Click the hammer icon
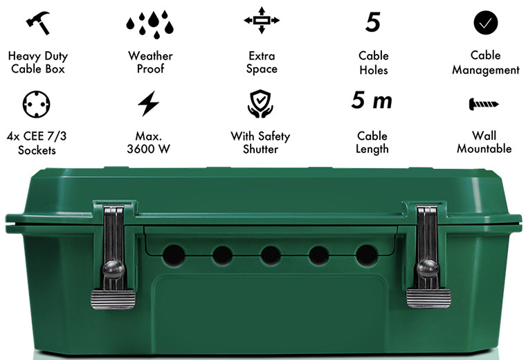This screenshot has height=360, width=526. click(x=38, y=22)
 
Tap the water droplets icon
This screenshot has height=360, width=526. click(x=150, y=24)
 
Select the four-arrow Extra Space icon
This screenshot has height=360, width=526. click(x=262, y=20)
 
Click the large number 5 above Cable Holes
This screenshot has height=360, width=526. click(x=373, y=22)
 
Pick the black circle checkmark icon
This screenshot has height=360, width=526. click(x=485, y=22)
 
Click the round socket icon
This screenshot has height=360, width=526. click(x=36, y=104)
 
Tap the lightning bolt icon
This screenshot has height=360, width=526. click(x=149, y=103)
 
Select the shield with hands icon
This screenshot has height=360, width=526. click(x=260, y=104)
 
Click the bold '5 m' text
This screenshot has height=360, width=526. click(x=372, y=100)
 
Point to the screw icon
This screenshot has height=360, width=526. click(x=484, y=104)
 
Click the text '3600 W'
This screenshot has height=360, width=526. click(x=148, y=149)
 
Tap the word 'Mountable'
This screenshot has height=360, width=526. click(x=484, y=149)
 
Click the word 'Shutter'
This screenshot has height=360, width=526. click(x=261, y=149)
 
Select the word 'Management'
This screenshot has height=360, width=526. click(x=485, y=70)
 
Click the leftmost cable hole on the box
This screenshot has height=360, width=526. click(x=174, y=255)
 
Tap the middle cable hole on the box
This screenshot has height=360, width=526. click(x=271, y=255)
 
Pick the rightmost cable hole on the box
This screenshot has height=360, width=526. click(x=367, y=255)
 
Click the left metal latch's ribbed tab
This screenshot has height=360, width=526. click(x=113, y=299)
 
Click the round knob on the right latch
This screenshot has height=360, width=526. click(x=428, y=268)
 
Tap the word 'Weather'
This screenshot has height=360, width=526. click(x=150, y=55)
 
